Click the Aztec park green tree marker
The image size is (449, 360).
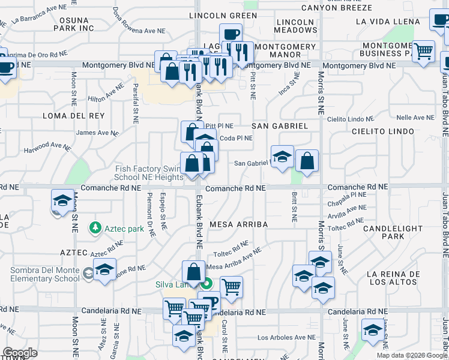95,228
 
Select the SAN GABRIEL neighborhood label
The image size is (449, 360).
279,126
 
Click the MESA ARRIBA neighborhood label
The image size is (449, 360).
238,224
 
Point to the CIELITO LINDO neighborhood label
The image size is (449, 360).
383,131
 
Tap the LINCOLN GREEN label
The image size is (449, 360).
223,15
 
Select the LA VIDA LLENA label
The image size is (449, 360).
388,22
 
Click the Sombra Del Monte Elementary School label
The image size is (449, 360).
44,274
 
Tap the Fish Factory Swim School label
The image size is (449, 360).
149,173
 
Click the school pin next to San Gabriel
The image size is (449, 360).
282,157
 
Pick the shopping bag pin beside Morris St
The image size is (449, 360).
307,161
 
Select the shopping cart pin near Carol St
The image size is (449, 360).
231,287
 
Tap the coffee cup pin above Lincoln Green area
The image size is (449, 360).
231,35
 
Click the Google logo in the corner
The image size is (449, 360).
19,353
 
